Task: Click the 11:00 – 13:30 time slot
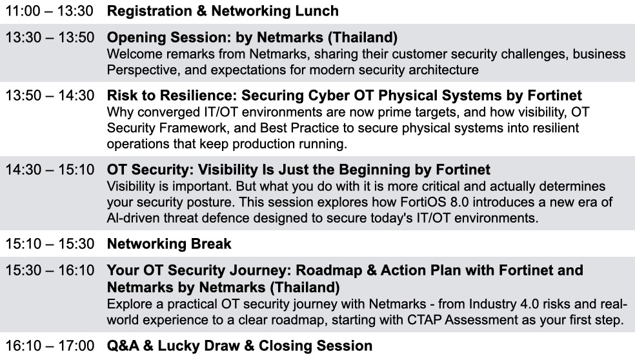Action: coord(50,11)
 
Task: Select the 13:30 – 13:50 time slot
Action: coord(50,37)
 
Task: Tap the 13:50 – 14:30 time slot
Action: coord(50,95)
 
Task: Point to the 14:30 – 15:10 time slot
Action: coord(50,170)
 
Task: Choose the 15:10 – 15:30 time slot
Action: coord(50,244)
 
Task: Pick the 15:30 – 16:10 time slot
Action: coord(50,270)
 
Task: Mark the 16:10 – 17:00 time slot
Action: coord(50,346)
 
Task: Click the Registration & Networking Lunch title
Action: coord(223,11)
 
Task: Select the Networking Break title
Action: coord(169,244)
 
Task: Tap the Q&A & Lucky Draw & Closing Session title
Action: coord(239,346)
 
